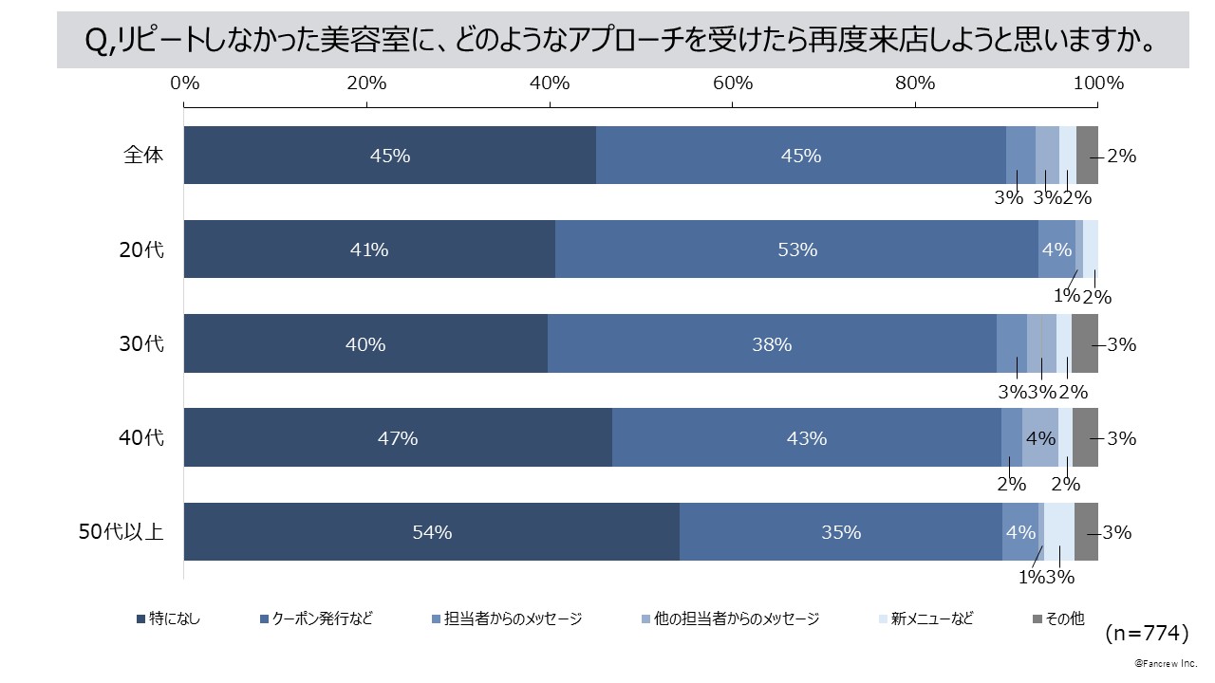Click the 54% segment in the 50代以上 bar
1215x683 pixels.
pos(432,532)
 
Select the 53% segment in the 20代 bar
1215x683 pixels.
pos(796,249)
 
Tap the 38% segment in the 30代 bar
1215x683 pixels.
pos(772,344)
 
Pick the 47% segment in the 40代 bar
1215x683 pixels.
pos(398,438)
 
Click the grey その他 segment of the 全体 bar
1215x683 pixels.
pos(1087,155)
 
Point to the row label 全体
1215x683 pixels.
pos(144,155)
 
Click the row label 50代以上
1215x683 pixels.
pos(121,532)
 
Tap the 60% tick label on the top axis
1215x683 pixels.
pos(733,83)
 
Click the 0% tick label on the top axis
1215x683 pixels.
pos(184,83)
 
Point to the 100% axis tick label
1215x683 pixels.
pos(1098,83)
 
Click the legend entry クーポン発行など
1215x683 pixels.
pos(316,619)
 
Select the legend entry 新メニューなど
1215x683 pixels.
pos(925,619)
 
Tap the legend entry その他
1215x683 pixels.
pos(1057,619)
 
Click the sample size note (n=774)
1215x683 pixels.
pos(1147,631)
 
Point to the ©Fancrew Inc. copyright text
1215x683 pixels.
pos(1166,663)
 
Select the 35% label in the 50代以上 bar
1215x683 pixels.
pos(841,532)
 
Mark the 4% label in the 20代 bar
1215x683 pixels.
pos(1056,249)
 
